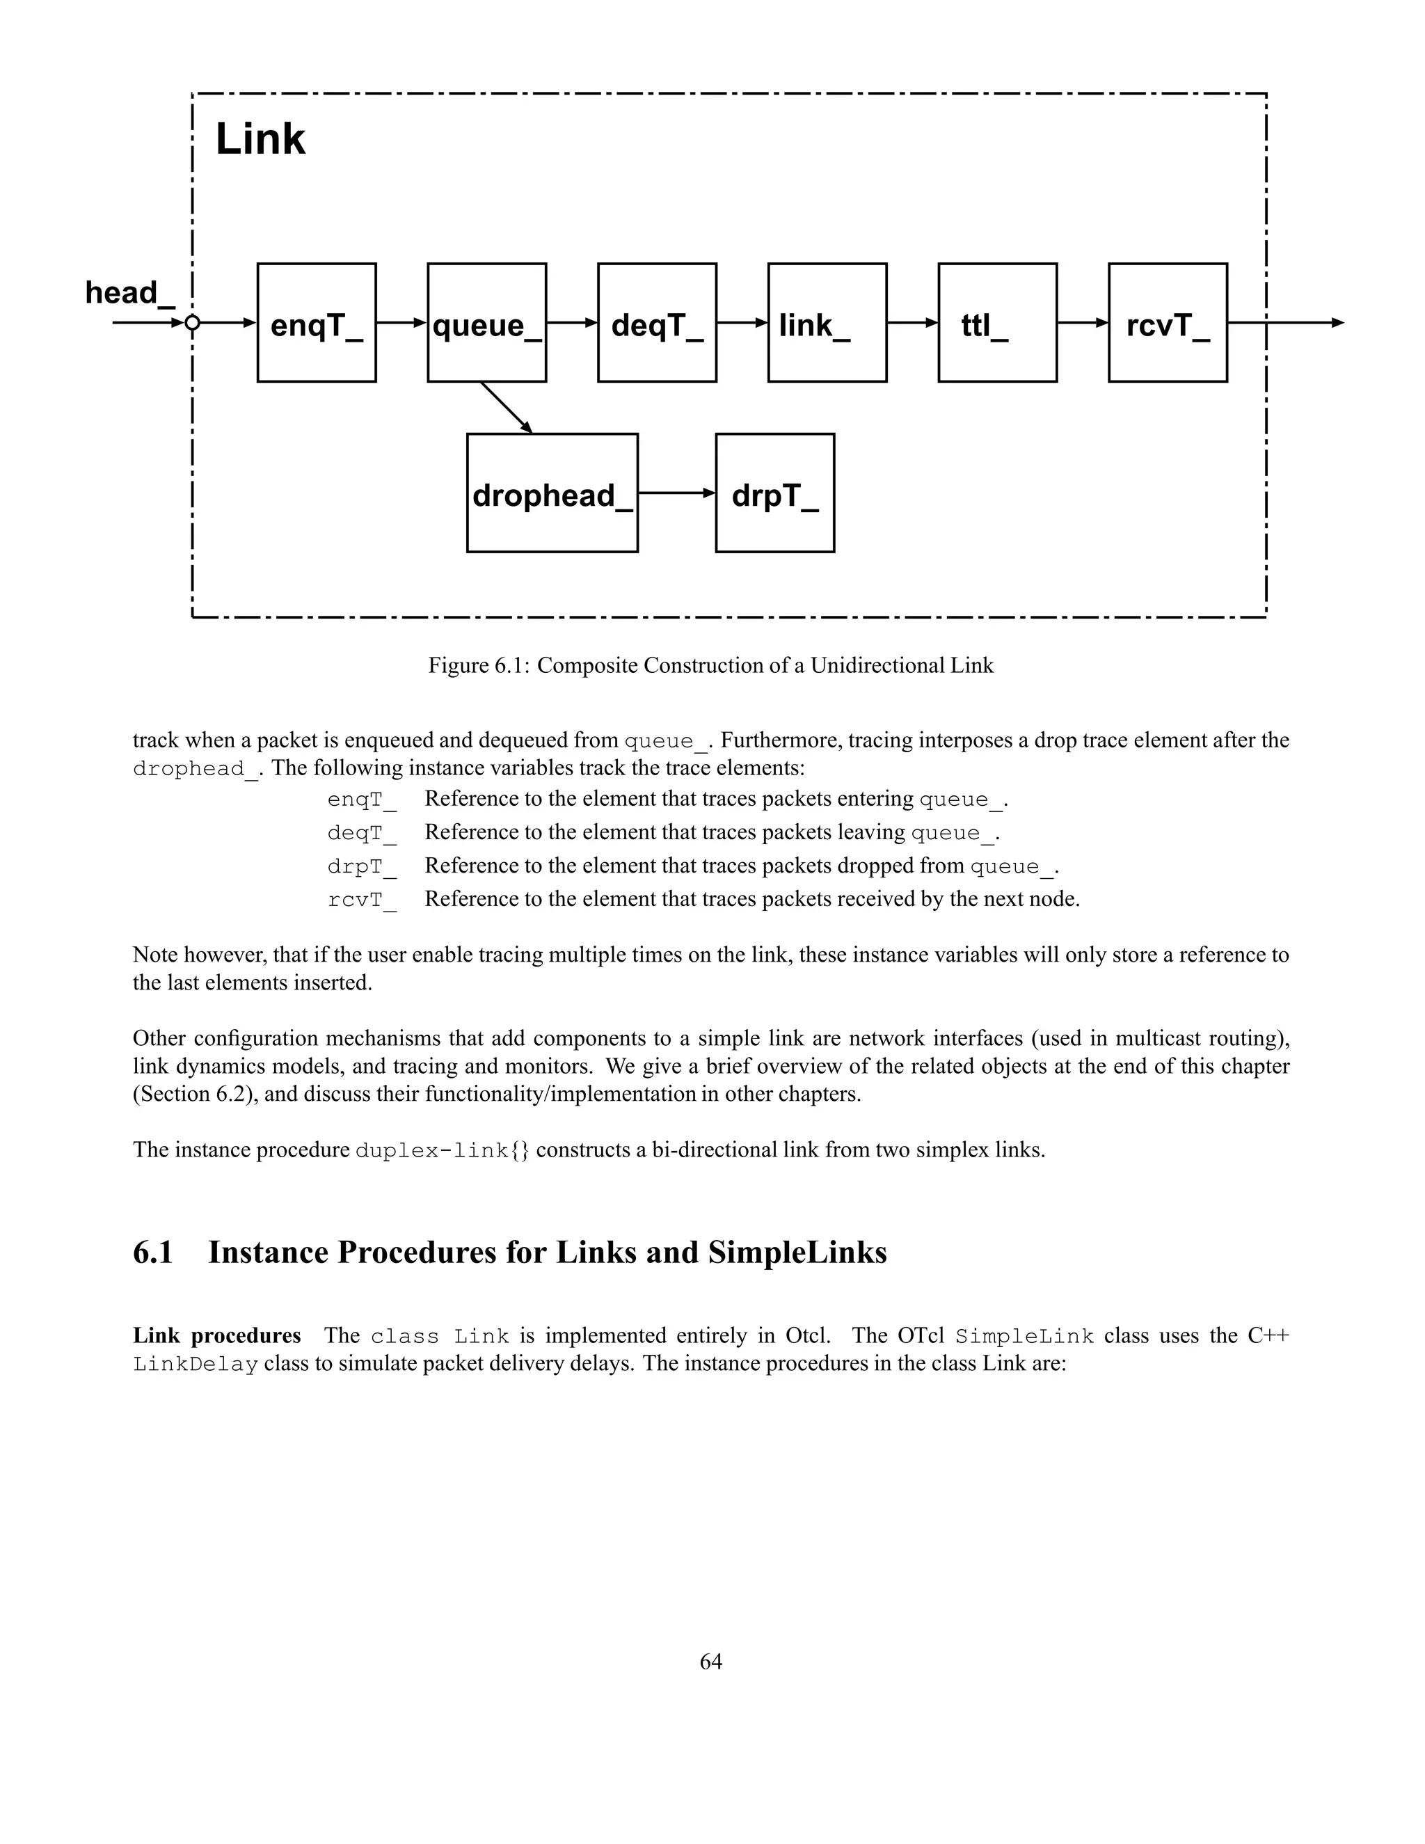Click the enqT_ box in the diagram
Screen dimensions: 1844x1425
pyautogui.click(x=317, y=323)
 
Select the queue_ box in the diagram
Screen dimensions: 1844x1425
pyautogui.click(x=486, y=323)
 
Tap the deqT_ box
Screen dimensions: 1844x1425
pyautogui.click(x=657, y=323)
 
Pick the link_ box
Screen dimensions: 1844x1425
pyautogui.click(x=827, y=323)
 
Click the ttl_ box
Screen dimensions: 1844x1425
pyautogui.click(x=997, y=323)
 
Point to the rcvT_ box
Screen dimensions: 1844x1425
pyautogui.click(x=1168, y=323)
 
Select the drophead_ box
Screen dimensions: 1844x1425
pyautogui.click(x=552, y=493)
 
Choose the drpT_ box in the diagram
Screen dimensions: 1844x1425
pyautogui.click(x=775, y=493)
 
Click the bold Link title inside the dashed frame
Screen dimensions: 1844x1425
pyautogui.click(x=260, y=139)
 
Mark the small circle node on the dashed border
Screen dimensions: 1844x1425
pyautogui.click(x=193, y=323)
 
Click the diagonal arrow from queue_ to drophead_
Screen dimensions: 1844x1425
pyautogui.click(x=507, y=408)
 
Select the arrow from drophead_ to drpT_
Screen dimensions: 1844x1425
pyautogui.click(x=676, y=493)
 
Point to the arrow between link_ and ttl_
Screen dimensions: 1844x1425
pyautogui.click(x=911, y=323)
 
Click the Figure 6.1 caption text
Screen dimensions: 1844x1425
pyautogui.click(x=711, y=665)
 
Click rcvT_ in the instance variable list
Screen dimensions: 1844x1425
pyautogui.click(x=361, y=900)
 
